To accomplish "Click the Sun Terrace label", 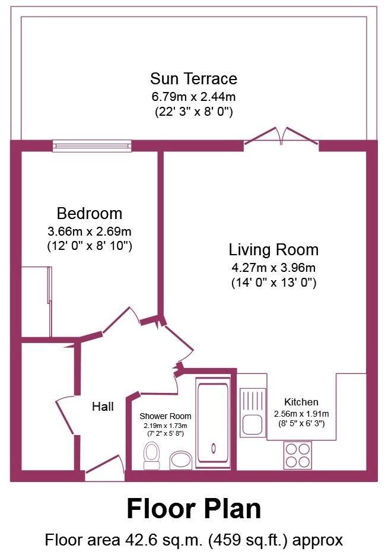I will [193, 78].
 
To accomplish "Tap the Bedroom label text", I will [90, 213].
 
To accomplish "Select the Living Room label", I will [273, 249].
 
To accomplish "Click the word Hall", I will [103, 407].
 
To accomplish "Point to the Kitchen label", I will [301, 402].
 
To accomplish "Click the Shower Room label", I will [166, 416].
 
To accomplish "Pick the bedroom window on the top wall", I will [91, 145].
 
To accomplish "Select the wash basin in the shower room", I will [180, 460].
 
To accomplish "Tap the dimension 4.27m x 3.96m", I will [273, 267].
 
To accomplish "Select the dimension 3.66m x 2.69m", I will [90, 231].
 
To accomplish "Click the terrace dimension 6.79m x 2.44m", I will [193, 96].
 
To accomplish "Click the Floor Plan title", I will [193, 509].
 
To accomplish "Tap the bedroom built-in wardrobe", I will [36, 301].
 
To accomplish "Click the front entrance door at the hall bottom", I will [103, 470].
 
